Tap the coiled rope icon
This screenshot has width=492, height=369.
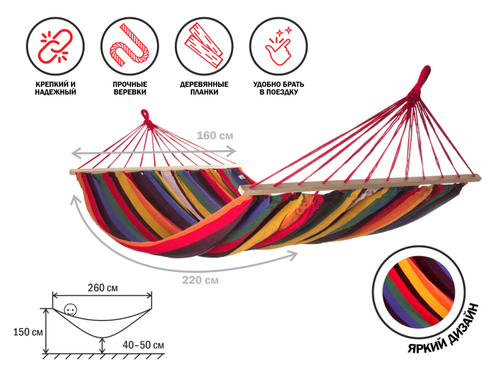tap(129, 45)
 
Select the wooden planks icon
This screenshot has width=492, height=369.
tap(204, 45)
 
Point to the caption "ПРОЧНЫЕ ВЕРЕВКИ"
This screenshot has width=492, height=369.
tap(130, 88)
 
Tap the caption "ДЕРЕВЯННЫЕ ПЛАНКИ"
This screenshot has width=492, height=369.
tap(204, 88)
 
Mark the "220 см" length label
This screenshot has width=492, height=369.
tap(201, 280)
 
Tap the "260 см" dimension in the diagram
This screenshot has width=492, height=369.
tap(102, 288)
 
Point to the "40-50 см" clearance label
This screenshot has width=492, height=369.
tap(143, 345)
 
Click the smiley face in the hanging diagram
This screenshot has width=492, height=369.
tap(70, 310)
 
